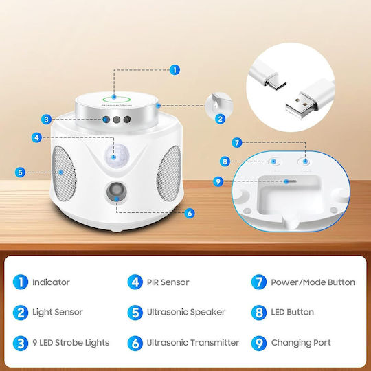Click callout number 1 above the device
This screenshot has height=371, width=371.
pyautogui.click(x=175, y=70)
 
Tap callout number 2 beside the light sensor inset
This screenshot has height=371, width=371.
pyautogui.click(x=220, y=119)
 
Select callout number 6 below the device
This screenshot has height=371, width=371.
pyautogui.click(x=190, y=213)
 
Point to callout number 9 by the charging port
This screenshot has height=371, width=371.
pyautogui.click(x=218, y=181)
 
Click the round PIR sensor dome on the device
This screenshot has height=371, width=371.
pyautogui.click(x=117, y=155)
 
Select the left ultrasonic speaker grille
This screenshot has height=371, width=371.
pyautogui.click(x=63, y=173)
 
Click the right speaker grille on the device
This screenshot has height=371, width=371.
pyautogui.click(x=169, y=172)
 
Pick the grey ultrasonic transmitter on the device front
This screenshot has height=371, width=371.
pyautogui.click(x=116, y=191)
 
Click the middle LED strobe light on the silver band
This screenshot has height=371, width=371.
pyautogui.click(x=116, y=120)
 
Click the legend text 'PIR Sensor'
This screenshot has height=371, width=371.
pyautogui.click(x=168, y=282)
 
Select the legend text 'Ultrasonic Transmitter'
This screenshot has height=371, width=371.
pyautogui.click(x=193, y=342)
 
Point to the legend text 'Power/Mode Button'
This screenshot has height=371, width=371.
pyautogui.click(x=313, y=282)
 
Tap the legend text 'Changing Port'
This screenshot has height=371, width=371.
pyautogui.click(x=301, y=343)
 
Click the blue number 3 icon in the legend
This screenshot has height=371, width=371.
pyautogui.click(x=21, y=343)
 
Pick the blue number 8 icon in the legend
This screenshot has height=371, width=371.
pyautogui.click(x=259, y=313)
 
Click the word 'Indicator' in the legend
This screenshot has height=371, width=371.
pyautogui.click(x=51, y=282)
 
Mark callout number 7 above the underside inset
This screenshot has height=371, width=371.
pyautogui.click(x=237, y=143)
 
